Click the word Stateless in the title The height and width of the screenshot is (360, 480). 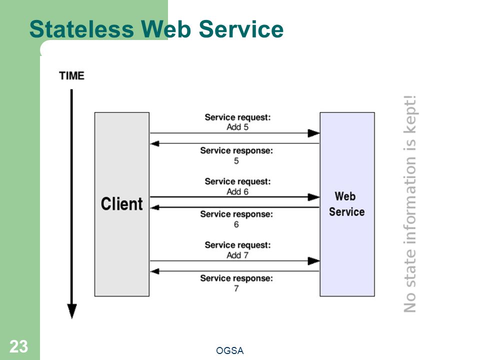click(81, 29)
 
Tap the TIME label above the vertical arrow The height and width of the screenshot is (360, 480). click(71, 75)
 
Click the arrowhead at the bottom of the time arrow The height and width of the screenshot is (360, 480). click(72, 311)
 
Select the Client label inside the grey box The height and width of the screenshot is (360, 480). click(122, 204)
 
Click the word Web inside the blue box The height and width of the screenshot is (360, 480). click(345, 196)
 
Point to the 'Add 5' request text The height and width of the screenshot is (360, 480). click(237, 127)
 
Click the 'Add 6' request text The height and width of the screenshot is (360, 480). click(237, 191)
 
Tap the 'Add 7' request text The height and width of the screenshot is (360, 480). click(237, 255)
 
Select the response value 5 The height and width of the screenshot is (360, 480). click(236, 160)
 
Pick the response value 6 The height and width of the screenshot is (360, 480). click(236, 224)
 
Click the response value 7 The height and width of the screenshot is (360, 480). click(236, 288)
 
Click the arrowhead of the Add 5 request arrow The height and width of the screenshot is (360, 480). click(314, 133)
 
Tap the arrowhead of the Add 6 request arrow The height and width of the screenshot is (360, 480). click(314, 197)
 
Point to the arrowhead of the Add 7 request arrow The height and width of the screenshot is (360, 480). click(314, 261)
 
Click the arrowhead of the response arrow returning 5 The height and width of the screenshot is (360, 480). click(154, 143)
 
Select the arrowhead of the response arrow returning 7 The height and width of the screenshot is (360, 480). click(154, 271)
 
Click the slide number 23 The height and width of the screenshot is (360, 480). click(18, 347)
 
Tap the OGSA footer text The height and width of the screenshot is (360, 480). click(229, 350)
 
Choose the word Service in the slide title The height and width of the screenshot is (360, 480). click(241, 29)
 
